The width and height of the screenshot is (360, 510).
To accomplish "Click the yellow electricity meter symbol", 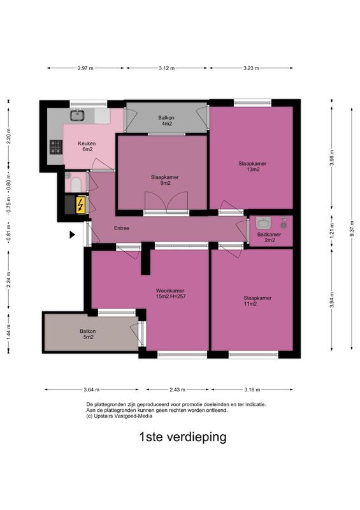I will pos(80,205).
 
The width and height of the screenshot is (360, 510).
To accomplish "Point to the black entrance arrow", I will pos(73,235).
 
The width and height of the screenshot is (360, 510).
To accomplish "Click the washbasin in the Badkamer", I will pos(263,223).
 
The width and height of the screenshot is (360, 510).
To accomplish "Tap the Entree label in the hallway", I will pos(121,228).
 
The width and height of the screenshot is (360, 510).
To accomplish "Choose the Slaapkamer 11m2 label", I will pos(257,301).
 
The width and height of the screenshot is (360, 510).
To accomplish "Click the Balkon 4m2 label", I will pos(166,120).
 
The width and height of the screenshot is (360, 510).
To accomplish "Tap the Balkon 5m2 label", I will pos(87,334).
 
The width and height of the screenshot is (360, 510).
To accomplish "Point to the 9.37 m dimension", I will pos(351,227).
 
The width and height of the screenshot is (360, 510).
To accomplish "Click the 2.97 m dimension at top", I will pos(85,68).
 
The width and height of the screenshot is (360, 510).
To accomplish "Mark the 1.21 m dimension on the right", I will pos(331,228).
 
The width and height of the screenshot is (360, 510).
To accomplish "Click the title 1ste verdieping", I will pos(182,437).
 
